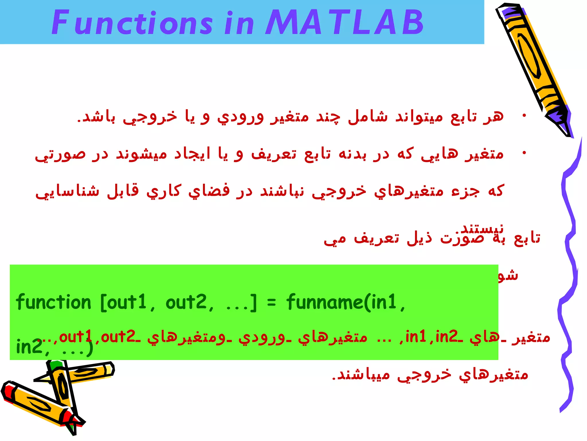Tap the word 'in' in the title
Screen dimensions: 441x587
point(239,23)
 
